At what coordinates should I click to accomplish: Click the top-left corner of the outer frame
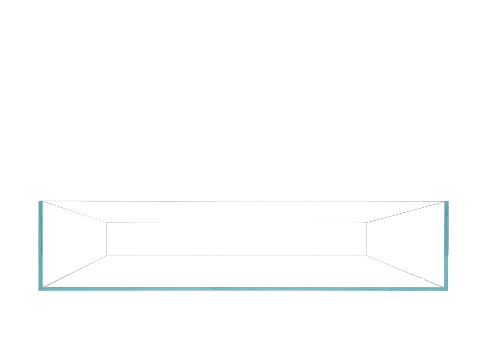tap(39, 201)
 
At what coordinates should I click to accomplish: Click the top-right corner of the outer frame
tap(449, 201)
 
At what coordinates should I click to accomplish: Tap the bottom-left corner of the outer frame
tap(39, 291)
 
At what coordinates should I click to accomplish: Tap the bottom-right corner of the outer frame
tap(449, 291)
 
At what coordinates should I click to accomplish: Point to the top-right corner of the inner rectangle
tap(367, 223)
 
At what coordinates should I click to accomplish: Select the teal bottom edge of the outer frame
tap(244, 290)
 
